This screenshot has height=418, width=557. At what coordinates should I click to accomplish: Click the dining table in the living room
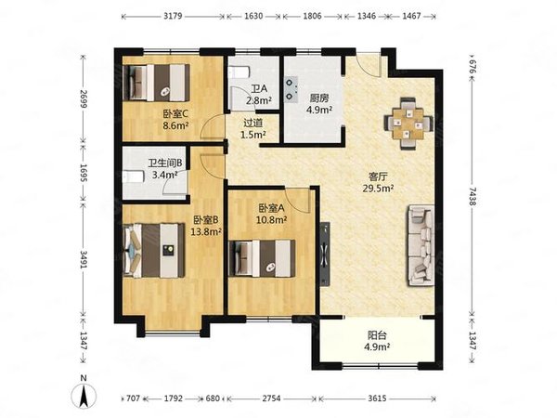pos(408,122)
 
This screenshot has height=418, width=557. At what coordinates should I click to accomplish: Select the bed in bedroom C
pos(158,81)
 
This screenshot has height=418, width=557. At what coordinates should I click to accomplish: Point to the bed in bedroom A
pos(266,257)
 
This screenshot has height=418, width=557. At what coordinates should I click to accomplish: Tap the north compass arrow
pos(84,394)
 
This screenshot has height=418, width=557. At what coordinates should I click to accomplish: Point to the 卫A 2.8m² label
pos(258,95)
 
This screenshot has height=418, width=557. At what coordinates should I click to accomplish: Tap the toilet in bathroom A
pos(237,72)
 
